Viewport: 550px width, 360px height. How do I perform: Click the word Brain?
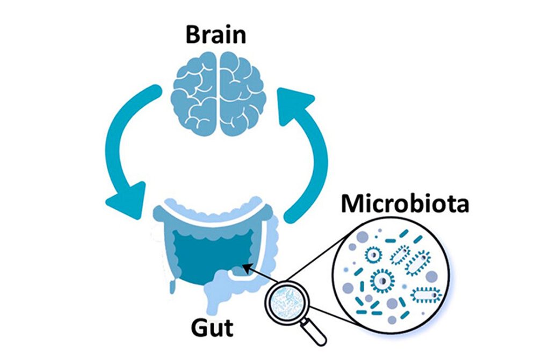[x=216, y=34]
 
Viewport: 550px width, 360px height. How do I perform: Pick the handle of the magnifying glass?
[x=316, y=333]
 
